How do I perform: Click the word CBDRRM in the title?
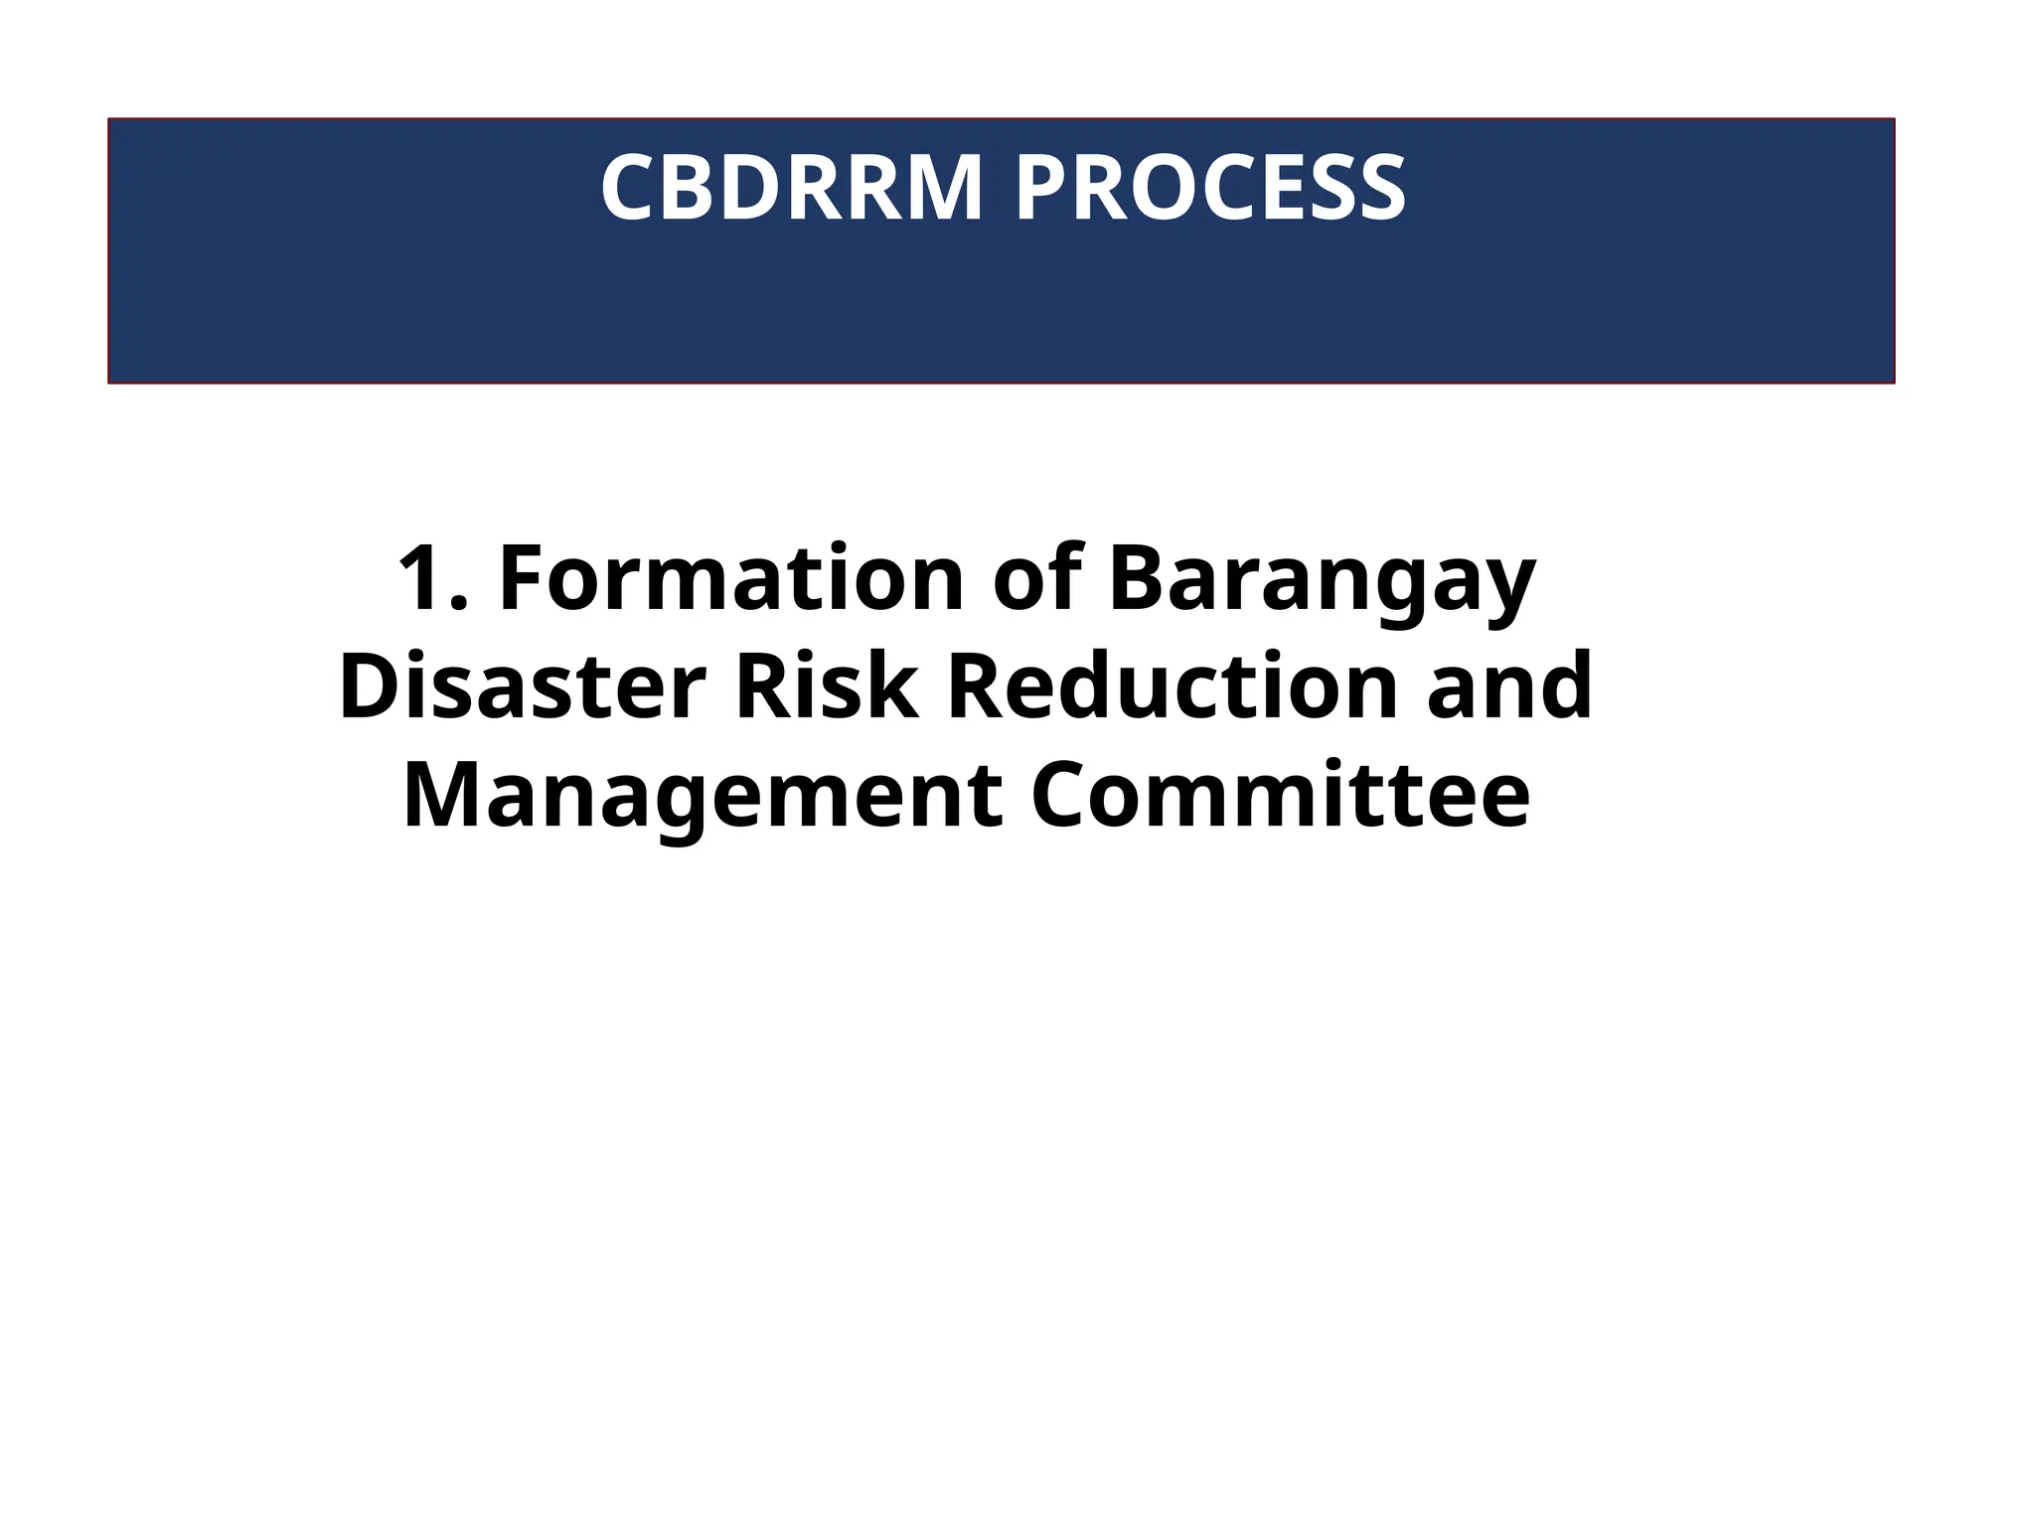click(792, 188)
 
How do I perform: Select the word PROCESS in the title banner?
click(1210, 188)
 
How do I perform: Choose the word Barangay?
click(1323, 581)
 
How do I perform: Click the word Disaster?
click(523, 687)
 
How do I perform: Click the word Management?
click(703, 797)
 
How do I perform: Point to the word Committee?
click(1280, 795)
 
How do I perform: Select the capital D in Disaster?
click(367, 687)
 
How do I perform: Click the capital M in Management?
click(441, 795)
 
